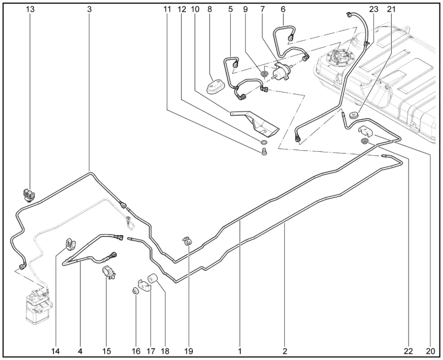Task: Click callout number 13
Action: (x=30, y=10)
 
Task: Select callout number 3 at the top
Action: (x=90, y=10)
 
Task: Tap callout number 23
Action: (x=374, y=10)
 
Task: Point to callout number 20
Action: (x=429, y=350)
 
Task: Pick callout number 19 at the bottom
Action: (x=189, y=350)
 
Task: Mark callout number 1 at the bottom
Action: (x=240, y=350)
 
